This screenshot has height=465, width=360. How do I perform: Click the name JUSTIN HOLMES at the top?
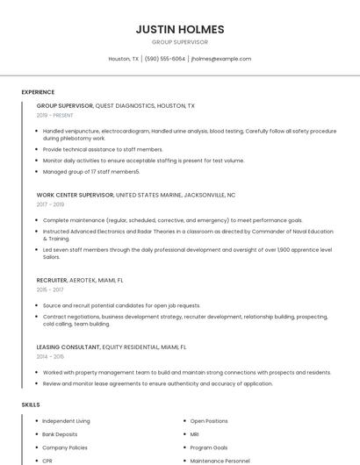[x=180, y=29]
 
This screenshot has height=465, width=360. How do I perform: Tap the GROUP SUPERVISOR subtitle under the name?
[x=180, y=42]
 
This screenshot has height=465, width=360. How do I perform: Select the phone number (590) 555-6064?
[x=165, y=59]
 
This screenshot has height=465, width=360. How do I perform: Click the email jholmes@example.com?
[x=220, y=59]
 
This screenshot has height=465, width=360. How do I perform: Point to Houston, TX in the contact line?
[x=123, y=59]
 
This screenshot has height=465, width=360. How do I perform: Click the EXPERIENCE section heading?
[x=38, y=92]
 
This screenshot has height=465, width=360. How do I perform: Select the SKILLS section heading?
[x=30, y=404]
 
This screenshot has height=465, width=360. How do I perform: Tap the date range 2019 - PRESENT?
[x=55, y=115]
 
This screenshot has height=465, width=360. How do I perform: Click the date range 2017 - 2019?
[x=50, y=204]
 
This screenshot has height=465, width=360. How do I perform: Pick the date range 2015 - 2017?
[x=49, y=289]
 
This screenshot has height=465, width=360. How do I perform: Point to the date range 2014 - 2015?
[x=49, y=356]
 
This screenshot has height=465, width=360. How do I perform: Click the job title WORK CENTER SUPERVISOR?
[x=75, y=195]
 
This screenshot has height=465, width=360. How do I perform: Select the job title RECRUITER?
[x=52, y=279]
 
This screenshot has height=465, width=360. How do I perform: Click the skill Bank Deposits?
[x=60, y=434]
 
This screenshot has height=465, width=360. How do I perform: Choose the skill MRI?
[x=194, y=434]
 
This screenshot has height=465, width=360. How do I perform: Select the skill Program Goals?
[x=209, y=447]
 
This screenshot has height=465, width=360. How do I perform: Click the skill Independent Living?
[x=66, y=421]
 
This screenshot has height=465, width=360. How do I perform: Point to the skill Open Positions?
[x=209, y=421]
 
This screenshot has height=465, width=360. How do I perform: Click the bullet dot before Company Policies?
[x=35, y=447]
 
